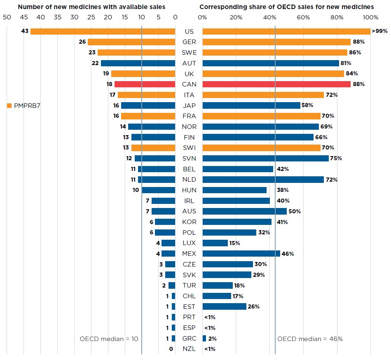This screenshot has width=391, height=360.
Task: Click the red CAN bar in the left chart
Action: pyautogui.click(x=145, y=84)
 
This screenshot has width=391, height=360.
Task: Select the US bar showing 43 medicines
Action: pyautogui.click(x=103, y=31)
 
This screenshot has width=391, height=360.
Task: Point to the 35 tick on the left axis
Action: pyautogui.click(x=57, y=17)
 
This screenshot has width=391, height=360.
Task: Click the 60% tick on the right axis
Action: pyautogui.click(x=303, y=17)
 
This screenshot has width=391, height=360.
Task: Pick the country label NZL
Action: pyautogui.click(x=189, y=349)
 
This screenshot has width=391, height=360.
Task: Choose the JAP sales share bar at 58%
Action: pyautogui.click(x=251, y=105)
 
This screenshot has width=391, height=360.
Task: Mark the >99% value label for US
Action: pyautogui.click(x=379, y=31)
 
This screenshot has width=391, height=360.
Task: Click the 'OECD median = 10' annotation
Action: pyautogui.click(x=109, y=339)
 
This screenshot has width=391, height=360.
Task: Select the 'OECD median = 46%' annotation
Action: pyautogui.click(x=310, y=339)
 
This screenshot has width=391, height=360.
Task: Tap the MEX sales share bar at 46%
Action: pyautogui.click(x=241, y=253)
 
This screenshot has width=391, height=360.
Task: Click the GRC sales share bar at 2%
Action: pyautogui.click(x=204, y=338)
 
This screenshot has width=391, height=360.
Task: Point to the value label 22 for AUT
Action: pyautogui.click(x=95, y=63)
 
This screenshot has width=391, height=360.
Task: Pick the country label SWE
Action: pyautogui.click(x=189, y=52)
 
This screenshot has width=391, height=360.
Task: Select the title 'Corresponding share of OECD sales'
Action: pyautogui.click(x=287, y=7)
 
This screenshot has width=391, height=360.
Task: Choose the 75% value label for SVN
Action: pyautogui.click(x=337, y=158)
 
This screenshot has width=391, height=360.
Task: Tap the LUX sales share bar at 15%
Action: pyautogui.click(x=215, y=243)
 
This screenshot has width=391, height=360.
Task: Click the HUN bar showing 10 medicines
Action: pyautogui.click(x=158, y=190)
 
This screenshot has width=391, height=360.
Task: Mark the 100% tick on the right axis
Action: pyautogui.click(x=370, y=17)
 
